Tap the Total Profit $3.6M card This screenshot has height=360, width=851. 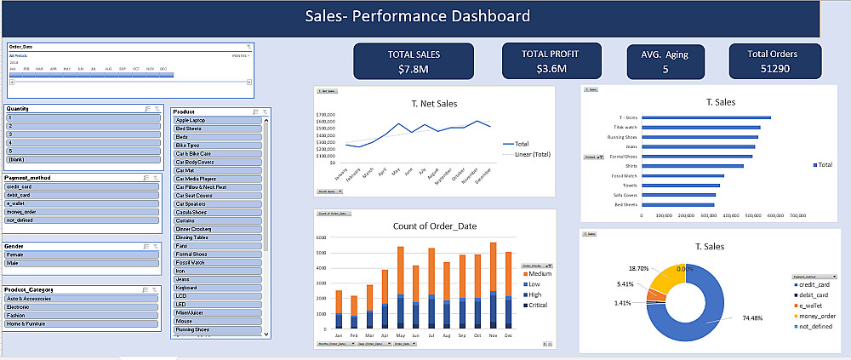(x=551, y=60)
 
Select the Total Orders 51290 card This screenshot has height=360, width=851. (x=775, y=61)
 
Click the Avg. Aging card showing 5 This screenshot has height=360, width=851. (x=665, y=61)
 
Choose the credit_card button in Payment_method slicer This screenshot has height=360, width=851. (x=83, y=186)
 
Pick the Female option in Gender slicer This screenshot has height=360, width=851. (x=83, y=254)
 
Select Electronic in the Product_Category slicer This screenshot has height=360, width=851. (x=83, y=307)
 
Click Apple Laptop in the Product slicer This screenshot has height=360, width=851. (x=219, y=121)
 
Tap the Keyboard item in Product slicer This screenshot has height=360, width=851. (x=219, y=289)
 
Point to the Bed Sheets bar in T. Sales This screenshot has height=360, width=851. (x=677, y=204)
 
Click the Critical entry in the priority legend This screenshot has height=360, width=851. (x=538, y=304)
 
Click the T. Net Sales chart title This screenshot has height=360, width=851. (x=433, y=103)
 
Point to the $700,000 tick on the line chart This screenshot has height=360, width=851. (x=327, y=115)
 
